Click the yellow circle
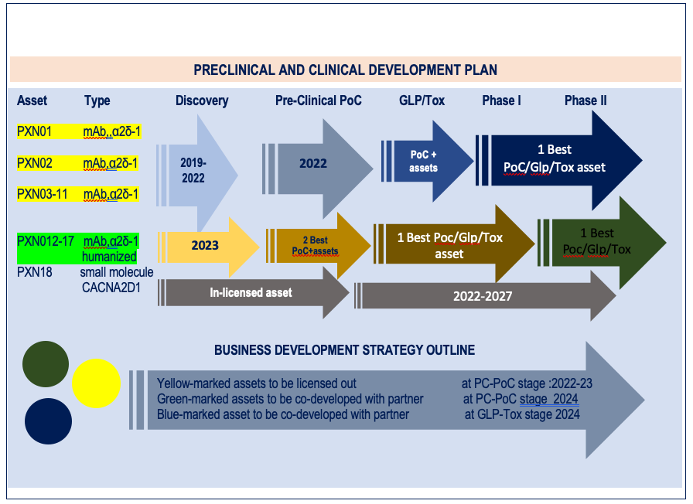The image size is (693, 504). [x=96, y=383]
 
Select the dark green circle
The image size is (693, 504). [x=46, y=364]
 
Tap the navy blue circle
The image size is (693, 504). [x=48, y=421]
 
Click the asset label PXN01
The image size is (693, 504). [x=34, y=131]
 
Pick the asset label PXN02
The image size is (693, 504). [x=35, y=163]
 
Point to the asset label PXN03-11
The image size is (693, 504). [x=42, y=194]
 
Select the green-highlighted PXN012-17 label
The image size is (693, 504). [x=46, y=241]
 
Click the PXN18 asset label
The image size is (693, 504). [x=35, y=271]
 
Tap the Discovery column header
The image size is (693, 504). [x=202, y=100]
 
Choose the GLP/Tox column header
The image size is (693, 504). [x=422, y=100]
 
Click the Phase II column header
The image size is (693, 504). [x=585, y=100]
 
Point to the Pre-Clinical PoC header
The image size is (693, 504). [x=318, y=100]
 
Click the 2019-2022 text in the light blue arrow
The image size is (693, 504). [x=193, y=171]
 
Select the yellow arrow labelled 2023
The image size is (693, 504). [x=208, y=247]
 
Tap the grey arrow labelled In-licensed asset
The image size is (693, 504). [x=254, y=293]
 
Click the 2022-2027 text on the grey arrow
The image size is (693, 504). [x=483, y=296]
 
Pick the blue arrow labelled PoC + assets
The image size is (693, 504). [x=427, y=161]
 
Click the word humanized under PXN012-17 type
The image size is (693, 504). [x=109, y=257]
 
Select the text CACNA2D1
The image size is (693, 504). [x=111, y=288]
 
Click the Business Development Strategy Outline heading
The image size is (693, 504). [x=344, y=350]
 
